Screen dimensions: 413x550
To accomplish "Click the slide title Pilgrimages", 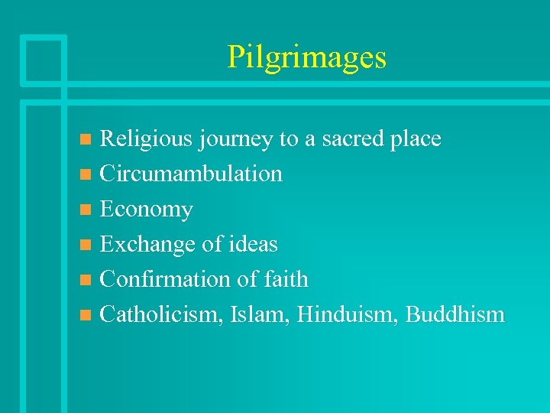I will (306, 58).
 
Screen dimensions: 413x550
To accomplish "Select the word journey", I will (235, 140).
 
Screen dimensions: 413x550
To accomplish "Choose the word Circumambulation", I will (191, 174).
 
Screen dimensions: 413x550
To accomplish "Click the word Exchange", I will (148, 245).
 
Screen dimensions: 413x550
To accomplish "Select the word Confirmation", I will (166, 280).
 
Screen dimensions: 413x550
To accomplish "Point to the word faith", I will (285, 280).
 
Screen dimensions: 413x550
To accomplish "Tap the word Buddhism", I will (455, 314).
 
